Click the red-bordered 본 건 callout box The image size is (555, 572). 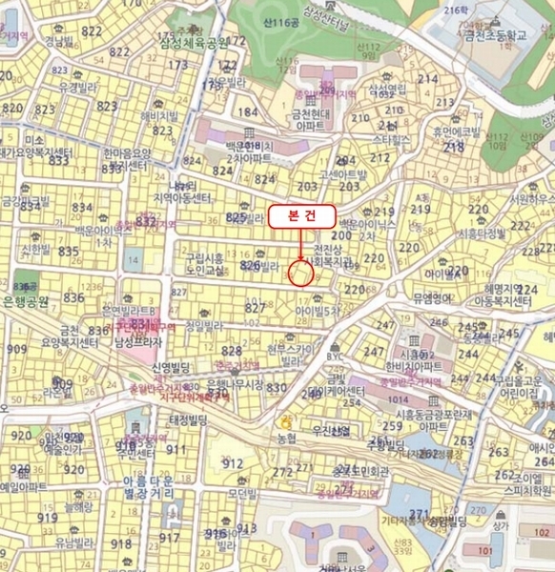[299, 216]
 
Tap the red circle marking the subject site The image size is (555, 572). [300, 273]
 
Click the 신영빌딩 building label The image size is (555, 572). [173, 367]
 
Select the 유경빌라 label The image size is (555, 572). [79, 86]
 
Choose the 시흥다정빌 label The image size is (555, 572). [482, 232]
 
